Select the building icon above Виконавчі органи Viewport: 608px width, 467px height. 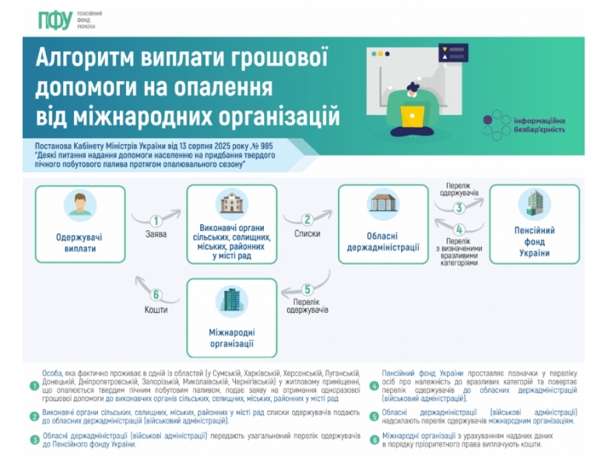[x=231, y=205]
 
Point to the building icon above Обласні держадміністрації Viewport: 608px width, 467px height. [x=382, y=204]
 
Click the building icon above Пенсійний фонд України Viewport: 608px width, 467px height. [x=534, y=205]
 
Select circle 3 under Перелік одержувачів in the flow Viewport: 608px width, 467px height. [x=459, y=208]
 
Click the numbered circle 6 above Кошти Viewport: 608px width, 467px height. [x=156, y=295]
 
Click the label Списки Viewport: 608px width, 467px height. [x=308, y=233]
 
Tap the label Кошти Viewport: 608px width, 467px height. [x=156, y=309]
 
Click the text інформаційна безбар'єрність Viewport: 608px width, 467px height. [x=539, y=125]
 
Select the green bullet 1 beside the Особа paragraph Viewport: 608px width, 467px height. [x=33, y=386]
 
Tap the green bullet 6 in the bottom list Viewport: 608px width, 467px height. [x=374, y=439]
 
